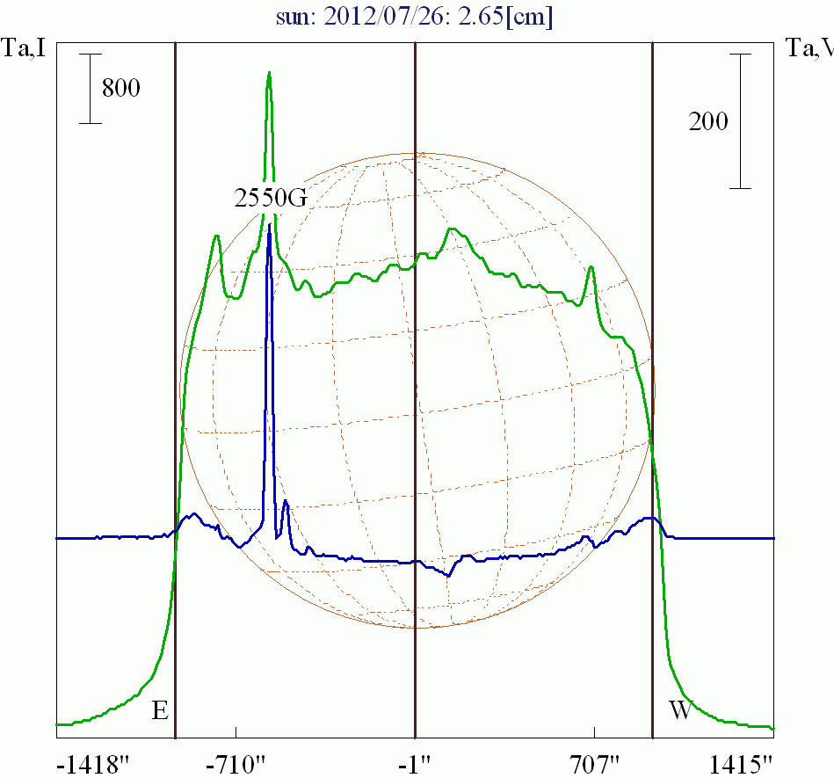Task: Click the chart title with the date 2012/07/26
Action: click(x=417, y=16)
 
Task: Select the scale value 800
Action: click(x=120, y=88)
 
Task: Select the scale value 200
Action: click(x=708, y=121)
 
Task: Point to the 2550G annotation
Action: click(x=271, y=199)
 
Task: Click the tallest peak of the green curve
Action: click(x=269, y=74)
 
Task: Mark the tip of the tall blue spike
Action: click(x=269, y=225)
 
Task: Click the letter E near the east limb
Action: click(x=159, y=711)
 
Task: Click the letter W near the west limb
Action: click(x=680, y=711)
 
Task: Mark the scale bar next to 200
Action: click(x=741, y=121)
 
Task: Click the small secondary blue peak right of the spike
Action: click(x=286, y=502)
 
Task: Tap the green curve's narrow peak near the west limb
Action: click(x=591, y=267)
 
